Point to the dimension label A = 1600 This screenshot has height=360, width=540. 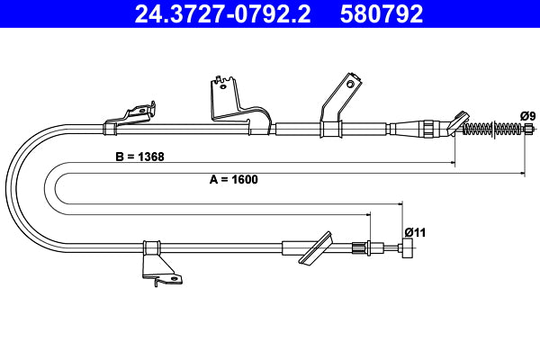(x=233, y=179)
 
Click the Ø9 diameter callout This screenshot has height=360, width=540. (x=528, y=115)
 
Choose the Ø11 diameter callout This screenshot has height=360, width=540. (x=414, y=231)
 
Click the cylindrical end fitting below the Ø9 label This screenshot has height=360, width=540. (x=527, y=130)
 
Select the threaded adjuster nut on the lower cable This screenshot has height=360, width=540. (x=363, y=247)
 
